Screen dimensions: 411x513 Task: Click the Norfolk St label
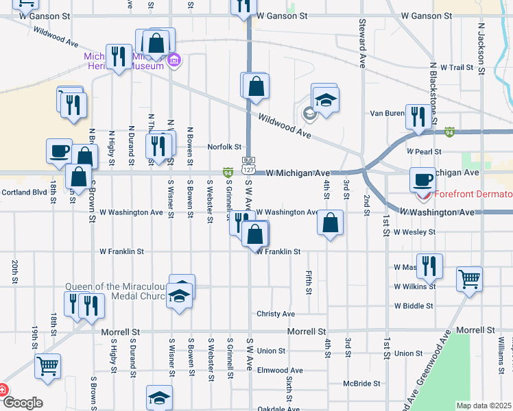(x=225, y=147)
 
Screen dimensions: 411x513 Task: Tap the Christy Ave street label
(x=276, y=314)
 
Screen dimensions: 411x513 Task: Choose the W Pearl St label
(x=422, y=151)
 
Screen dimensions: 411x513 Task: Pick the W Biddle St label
(x=414, y=306)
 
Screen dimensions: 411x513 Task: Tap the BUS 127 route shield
(x=248, y=164)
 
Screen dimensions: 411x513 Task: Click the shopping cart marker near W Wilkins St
(x=470, y=278)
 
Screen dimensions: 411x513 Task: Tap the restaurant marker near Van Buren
(x=416, y=117)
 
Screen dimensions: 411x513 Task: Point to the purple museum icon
(x=174, y=60)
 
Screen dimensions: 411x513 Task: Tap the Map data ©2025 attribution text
(x=484, y=406)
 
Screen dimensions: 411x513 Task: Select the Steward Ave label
(x=362, y=43)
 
